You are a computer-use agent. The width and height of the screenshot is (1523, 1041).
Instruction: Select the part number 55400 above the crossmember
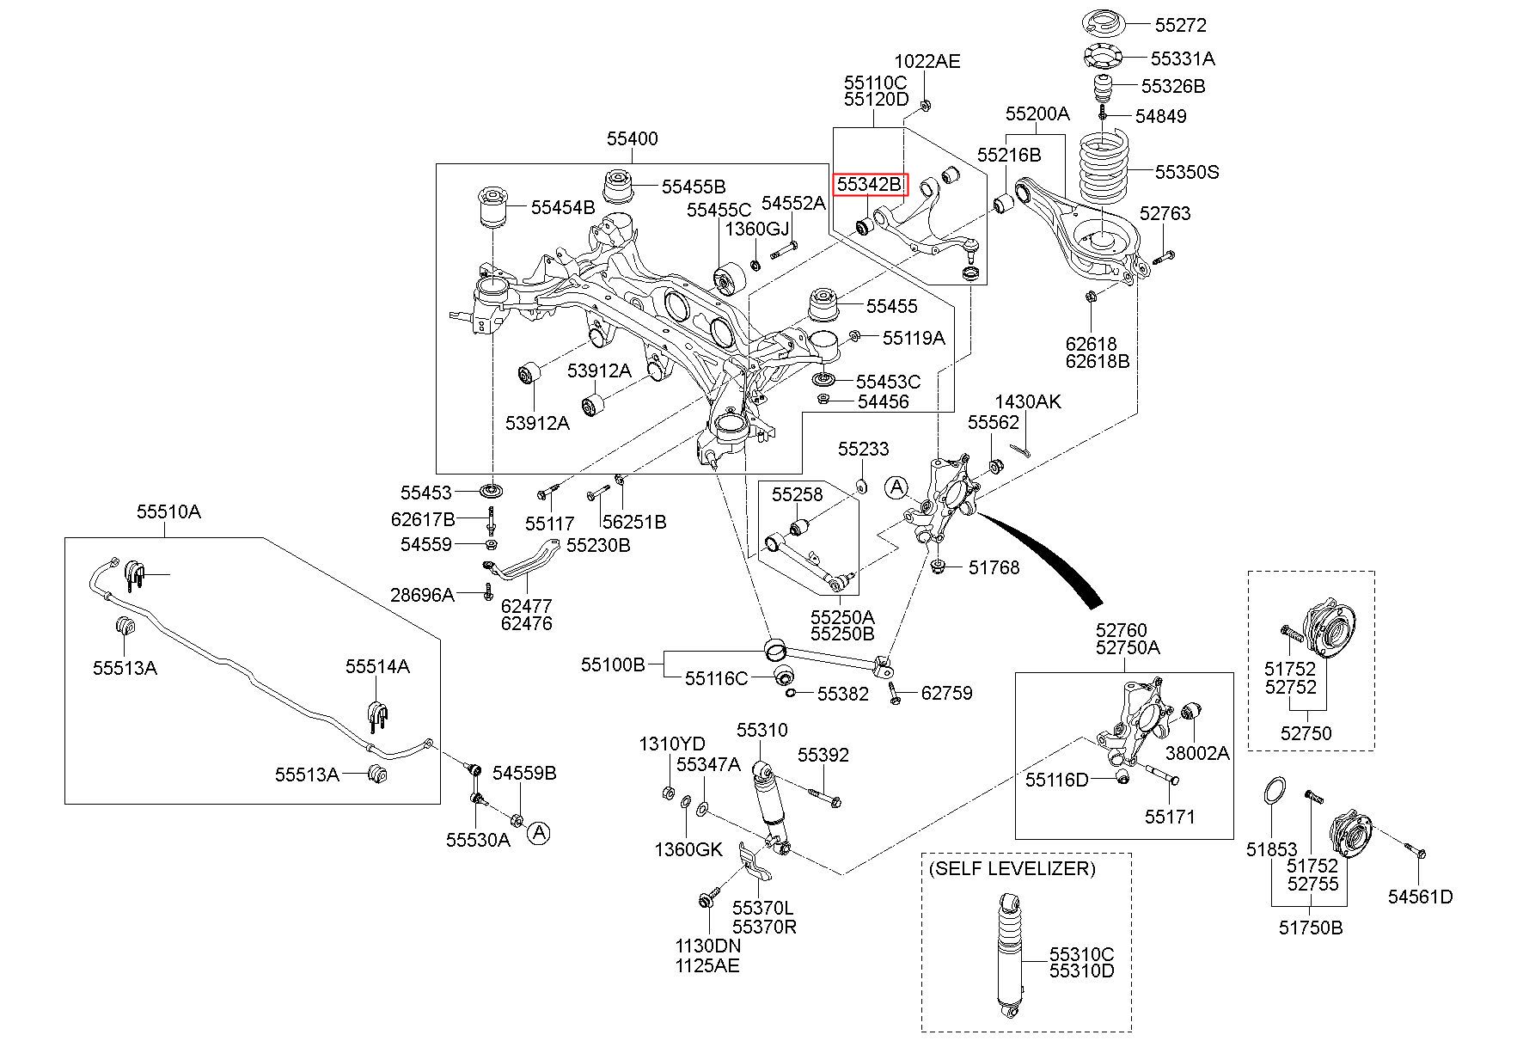point(632,138)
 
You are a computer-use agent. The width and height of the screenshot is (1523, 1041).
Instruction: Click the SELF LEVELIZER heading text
point(1012,868)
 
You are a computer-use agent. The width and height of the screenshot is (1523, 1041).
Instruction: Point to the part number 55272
point(1181,25)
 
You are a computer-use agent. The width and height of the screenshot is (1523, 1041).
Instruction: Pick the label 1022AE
point(927,61)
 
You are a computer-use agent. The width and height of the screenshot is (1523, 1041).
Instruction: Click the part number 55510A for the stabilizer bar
point(168,511)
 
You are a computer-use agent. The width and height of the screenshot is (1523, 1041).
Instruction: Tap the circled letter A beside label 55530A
point(538,832)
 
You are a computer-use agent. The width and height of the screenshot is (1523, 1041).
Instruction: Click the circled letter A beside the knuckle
point(896,487)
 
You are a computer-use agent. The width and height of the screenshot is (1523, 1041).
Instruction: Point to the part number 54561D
point(1420,897)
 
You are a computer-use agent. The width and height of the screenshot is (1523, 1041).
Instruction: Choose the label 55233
point(864,449)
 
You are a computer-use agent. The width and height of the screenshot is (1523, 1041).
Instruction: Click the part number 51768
point(994,567)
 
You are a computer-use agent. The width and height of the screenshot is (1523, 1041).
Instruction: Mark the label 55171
point(1170,816)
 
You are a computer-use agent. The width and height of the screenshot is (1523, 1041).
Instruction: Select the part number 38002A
point(1197,753)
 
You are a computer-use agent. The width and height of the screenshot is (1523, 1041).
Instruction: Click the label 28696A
point(422,594)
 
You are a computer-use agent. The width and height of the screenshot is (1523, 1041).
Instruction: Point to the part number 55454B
point(563,206)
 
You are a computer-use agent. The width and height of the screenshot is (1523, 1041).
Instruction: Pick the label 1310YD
point(671,743)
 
